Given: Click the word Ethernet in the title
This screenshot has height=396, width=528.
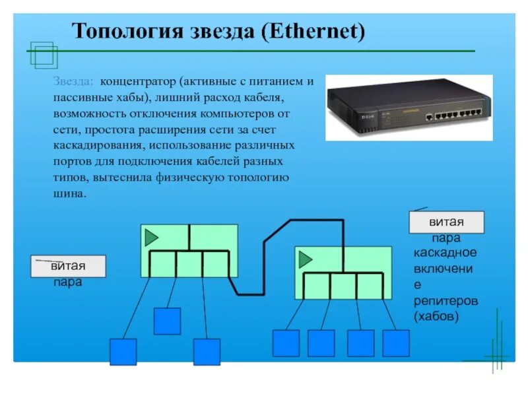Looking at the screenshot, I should click(314, 31).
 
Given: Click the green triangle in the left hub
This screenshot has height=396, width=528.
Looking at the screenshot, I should click(152, 237).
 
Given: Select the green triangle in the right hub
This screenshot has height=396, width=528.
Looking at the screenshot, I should click(305, 259).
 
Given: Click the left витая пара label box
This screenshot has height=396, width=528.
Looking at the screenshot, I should click(68, 266).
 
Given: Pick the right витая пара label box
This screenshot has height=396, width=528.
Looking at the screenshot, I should click(446, 222).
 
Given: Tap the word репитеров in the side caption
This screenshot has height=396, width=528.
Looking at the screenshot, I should click(445, 301).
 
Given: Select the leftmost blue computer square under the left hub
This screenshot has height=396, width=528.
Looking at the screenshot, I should click(123, 352).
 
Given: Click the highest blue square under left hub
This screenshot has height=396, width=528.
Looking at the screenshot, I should click(167, 321).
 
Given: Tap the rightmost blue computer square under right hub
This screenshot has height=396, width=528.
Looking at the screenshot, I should click(396, 343).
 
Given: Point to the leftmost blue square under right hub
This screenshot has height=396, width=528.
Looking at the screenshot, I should click(286, 343).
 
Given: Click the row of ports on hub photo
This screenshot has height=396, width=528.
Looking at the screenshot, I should click(451, 115).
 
